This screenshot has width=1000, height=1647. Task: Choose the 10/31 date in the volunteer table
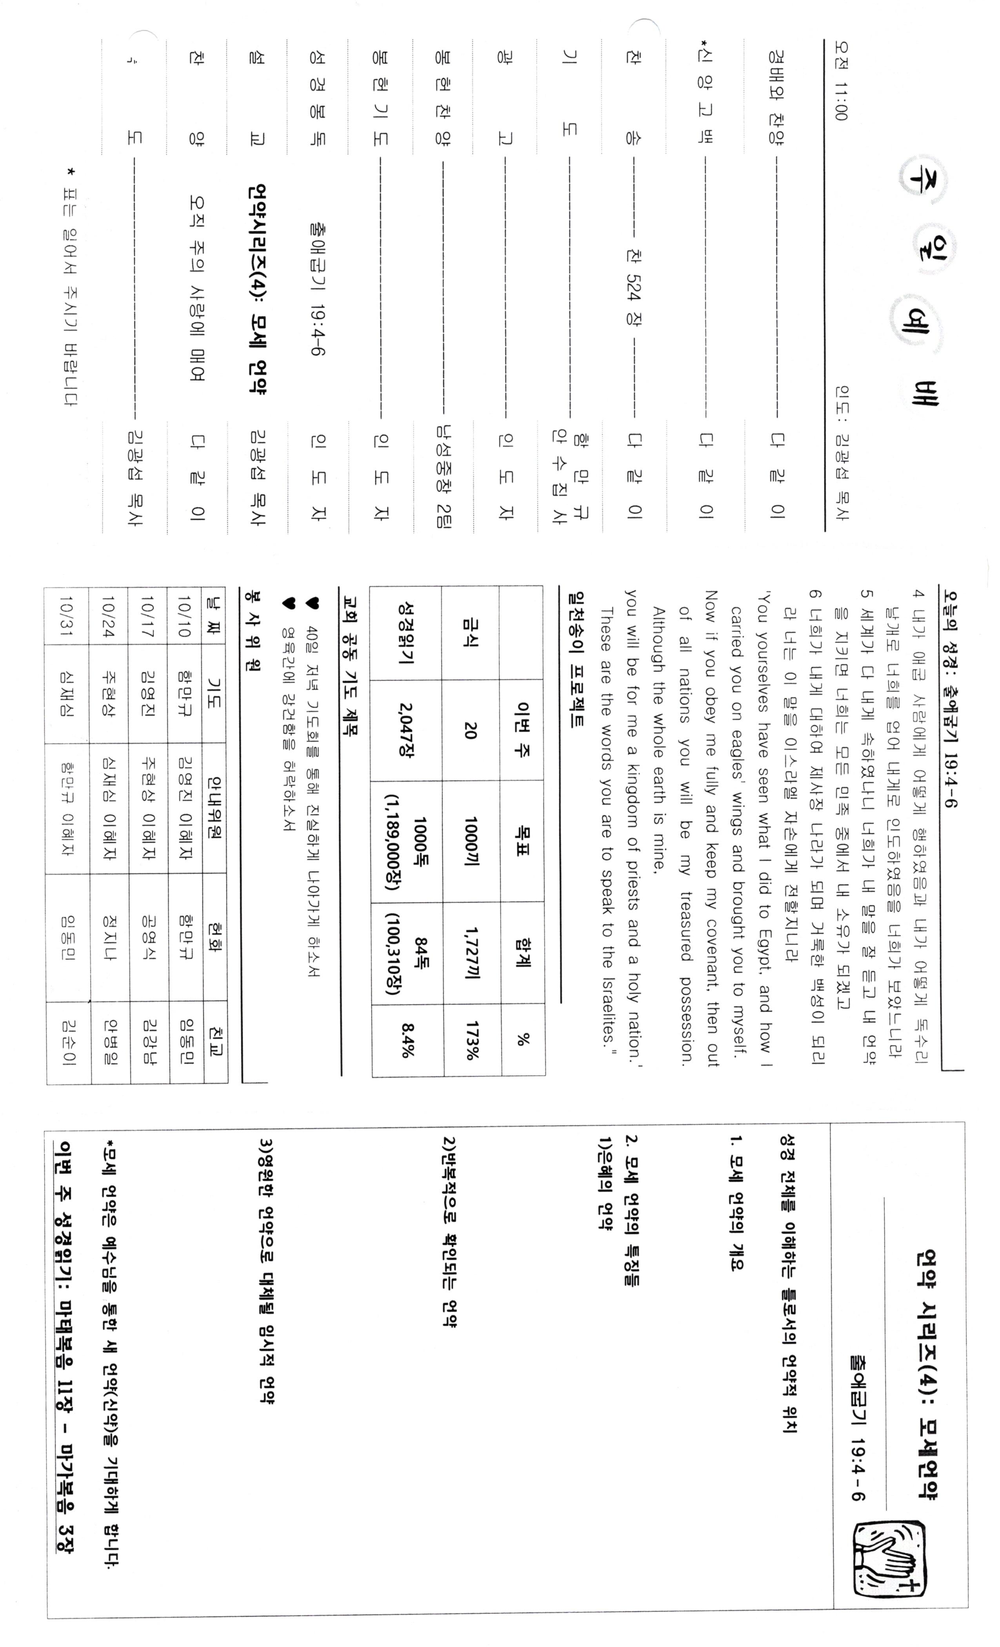(67, 614)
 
